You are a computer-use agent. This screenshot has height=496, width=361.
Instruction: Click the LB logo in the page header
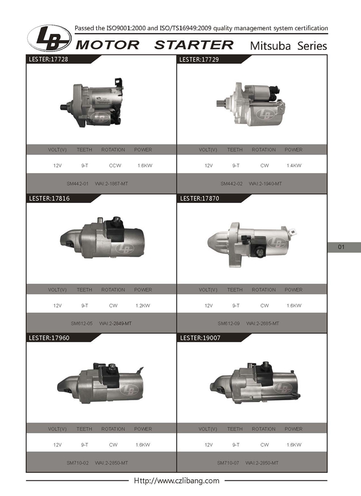click(49, 38)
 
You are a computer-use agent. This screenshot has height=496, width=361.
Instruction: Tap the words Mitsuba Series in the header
click(288, 46)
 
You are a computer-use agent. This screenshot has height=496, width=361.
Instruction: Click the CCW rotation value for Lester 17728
click(115, 165)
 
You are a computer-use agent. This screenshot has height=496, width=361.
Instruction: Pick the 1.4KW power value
click(294, 165)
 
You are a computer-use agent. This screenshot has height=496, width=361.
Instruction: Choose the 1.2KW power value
click(143, 306)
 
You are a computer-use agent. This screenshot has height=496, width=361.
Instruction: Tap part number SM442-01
click(77, 184)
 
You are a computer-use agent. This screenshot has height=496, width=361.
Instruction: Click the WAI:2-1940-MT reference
click(265, 184)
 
